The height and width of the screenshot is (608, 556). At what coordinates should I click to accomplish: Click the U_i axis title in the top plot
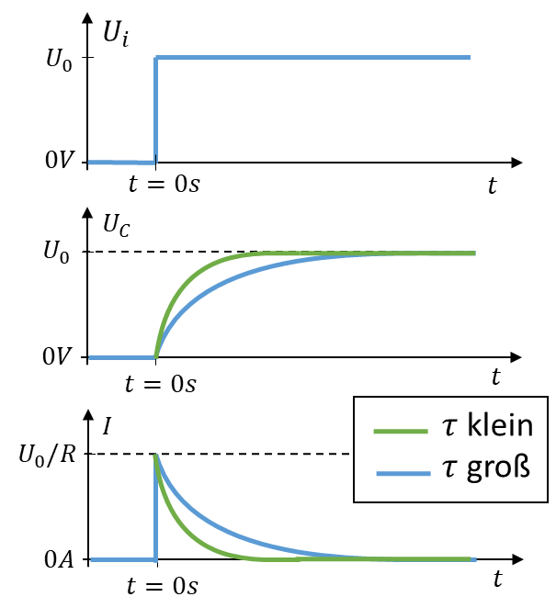click(x=116, y=34)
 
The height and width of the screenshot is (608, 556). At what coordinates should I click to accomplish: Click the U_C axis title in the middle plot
click(x=117, y=225)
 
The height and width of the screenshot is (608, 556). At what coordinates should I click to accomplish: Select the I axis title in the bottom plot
click(x=107, y=426)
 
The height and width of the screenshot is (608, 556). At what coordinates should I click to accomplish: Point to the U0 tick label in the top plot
click(x=59, y=60)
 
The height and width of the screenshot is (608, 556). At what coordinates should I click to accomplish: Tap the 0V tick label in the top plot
click(x=59, y=160)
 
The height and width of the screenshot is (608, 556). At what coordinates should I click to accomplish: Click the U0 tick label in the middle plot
click(x=56, y=252)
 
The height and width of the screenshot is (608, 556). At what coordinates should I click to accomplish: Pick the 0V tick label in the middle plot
click(x=57, y=356)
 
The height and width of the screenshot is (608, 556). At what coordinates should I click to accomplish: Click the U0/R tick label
click(x=47, y=455)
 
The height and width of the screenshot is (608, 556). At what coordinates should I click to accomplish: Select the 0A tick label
click(x=59, y=560)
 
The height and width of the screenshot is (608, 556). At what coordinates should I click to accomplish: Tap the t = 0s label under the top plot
click(x=165, y=184)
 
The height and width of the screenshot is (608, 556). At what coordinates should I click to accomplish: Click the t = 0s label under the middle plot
click(x=161, y=384)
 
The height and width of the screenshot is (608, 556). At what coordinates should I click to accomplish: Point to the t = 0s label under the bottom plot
click(x=162, y=586)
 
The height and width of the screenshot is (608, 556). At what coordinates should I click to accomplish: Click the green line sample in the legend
click(x=401, y=431)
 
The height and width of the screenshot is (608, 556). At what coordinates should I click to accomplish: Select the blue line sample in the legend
click(x=403, y=473)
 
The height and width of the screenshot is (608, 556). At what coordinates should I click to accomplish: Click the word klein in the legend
click(x=500, y=425)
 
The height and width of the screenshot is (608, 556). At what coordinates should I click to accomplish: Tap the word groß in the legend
click(x=498, y=468)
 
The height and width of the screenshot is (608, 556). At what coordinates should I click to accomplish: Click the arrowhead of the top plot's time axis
click(x=516, y=163)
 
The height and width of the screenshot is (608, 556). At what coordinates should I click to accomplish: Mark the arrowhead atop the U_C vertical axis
click(x=88, y=213)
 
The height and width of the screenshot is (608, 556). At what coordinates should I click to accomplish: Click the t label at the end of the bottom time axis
click(x=498, y=579)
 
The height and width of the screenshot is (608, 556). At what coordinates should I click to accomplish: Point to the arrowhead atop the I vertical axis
click(x=89, y=414)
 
